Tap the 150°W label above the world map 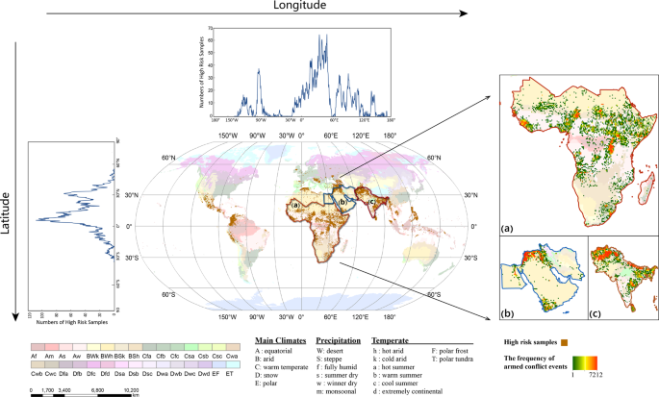[227, 135]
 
